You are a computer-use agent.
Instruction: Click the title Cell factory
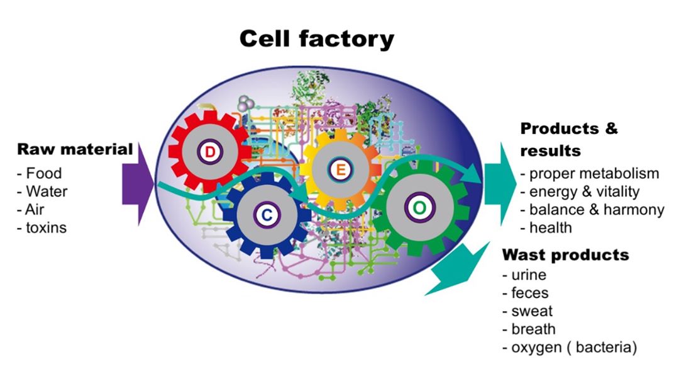tap(316, 39)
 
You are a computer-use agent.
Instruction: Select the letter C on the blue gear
tap(267, 215)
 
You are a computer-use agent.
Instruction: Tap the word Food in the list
tap(43, 173)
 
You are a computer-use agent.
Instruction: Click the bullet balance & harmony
tap(596, 210)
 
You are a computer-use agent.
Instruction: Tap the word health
tap(550, 227)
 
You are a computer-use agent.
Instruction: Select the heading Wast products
tap(565, 255)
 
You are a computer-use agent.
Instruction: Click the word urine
tap(528, 275)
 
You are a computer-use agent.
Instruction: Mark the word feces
tap(529, 293)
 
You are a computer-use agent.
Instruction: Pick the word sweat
tap(532, 311)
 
